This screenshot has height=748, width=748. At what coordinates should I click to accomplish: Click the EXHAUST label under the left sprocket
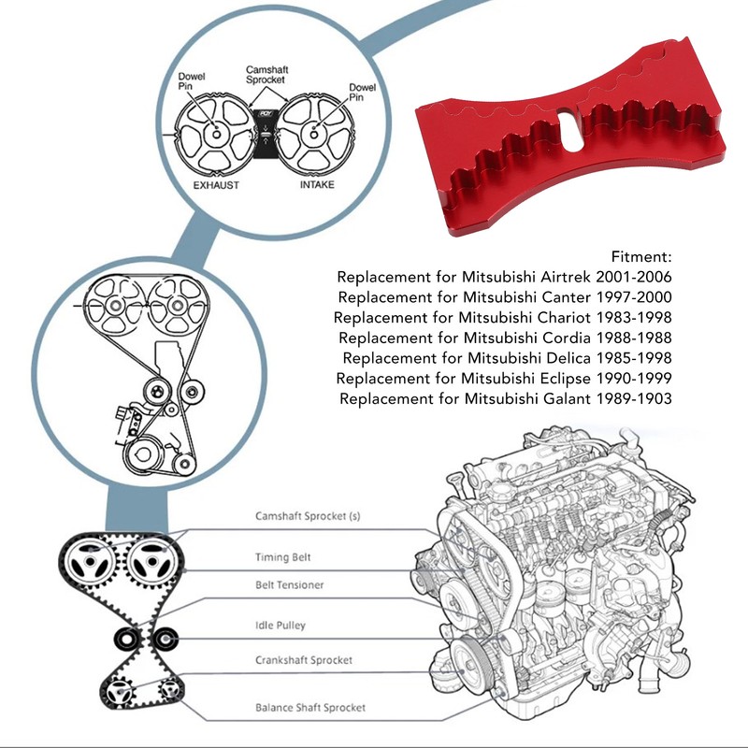(x=216, y=185)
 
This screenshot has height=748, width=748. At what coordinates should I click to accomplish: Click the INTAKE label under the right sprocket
(x=317, y=184)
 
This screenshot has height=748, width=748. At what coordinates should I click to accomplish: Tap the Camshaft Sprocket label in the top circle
(x=266, y=75)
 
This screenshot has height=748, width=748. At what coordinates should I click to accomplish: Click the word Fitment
(x=641, y=256)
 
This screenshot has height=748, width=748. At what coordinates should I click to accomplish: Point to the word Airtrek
(x=566, y=277)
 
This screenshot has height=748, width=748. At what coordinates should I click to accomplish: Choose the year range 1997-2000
(x=634, y=297)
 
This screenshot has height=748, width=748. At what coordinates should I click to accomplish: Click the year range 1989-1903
(x=634, y=398)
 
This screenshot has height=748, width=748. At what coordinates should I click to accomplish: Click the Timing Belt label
(x=283, y=557)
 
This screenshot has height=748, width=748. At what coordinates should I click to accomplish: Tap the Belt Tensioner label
(x=290, y=585)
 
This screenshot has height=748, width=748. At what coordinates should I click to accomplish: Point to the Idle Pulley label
(x=280, y=626)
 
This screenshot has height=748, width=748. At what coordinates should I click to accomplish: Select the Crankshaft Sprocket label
(x=303, y=660)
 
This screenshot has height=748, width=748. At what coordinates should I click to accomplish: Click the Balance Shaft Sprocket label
(x=310, y=708)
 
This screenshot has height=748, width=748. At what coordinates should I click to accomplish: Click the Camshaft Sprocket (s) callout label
(x=308, y=516)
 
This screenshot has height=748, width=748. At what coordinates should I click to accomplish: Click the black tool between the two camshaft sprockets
(x=265, y=134)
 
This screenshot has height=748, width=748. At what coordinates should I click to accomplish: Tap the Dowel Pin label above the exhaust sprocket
(x=192, y=81)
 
